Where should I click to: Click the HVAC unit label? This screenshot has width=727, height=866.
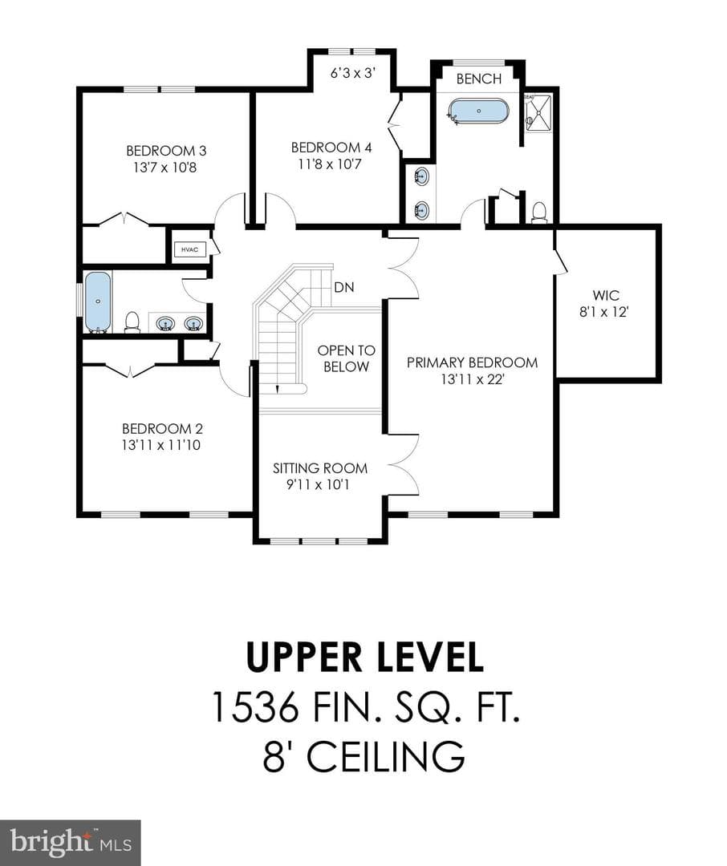(x=189, y=249)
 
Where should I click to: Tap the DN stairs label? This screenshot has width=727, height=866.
(x=344, y=287)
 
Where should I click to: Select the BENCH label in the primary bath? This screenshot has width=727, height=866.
(x=479, y=79)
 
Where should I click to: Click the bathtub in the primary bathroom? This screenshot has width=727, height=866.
(x=478, y=111)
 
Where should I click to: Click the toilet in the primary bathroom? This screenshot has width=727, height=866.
(x=539, y=212)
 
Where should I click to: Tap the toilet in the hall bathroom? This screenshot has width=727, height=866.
(x=132, y=322)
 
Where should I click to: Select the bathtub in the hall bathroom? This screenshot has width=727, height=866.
(x=99, y=302)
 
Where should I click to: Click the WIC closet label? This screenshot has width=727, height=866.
(x=606, y=295)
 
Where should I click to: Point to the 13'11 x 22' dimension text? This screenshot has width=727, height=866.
(x=472, y=379)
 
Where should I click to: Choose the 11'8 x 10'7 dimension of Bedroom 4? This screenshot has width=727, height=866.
(x=331, y=164)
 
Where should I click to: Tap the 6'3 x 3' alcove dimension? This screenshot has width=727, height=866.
(x=353, y=73)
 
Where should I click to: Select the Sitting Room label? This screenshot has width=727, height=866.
(x=320, y=468)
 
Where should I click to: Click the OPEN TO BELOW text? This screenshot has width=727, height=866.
(x=346, y=358)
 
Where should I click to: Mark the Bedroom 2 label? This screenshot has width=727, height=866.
(x=162, y=428)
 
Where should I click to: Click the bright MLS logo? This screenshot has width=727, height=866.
(x=70, y=842)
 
